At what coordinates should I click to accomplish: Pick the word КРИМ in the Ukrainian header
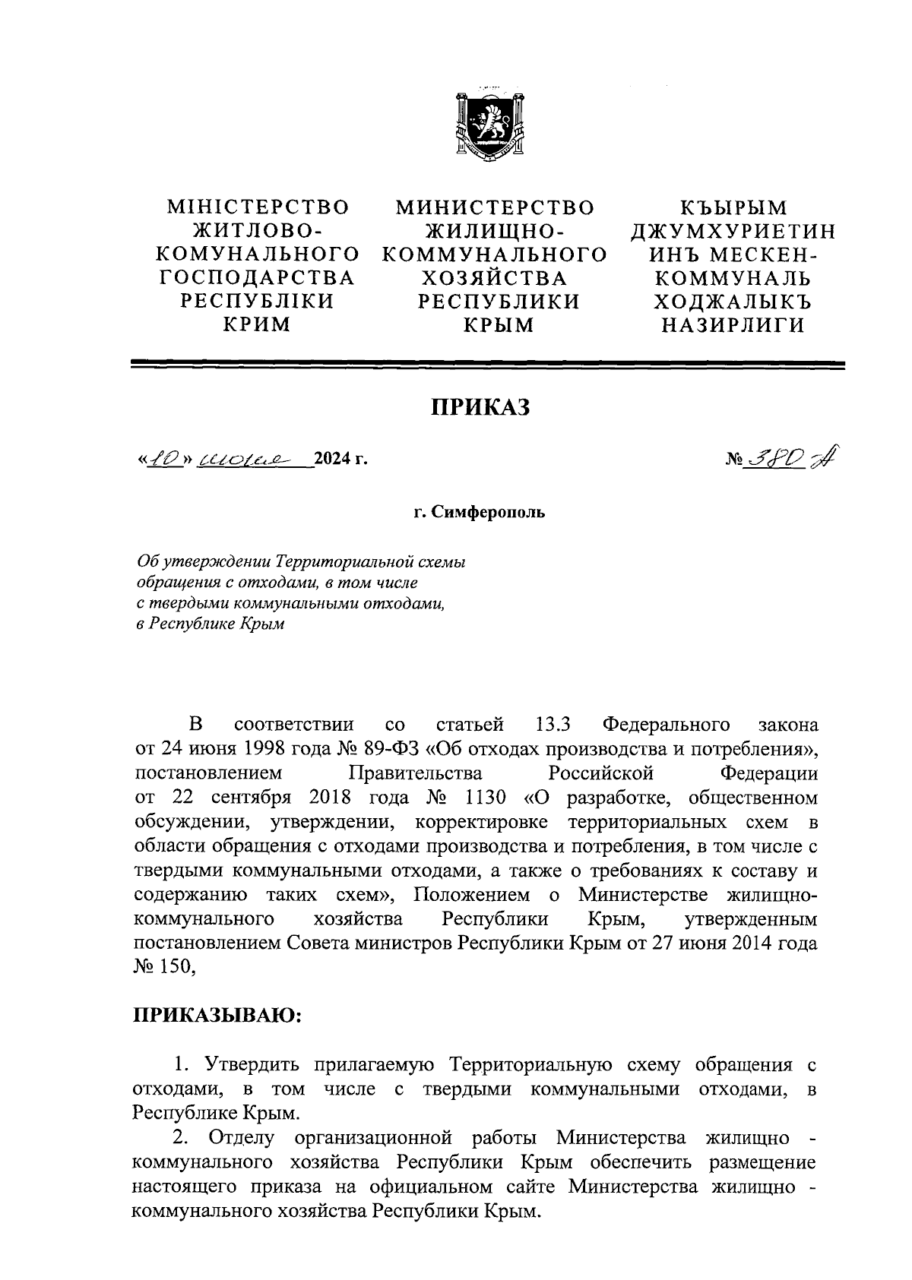[x=256, y=325]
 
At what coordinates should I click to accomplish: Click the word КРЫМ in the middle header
[x=499, y=325]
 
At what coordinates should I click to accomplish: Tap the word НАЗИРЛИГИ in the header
[x=733, y=325]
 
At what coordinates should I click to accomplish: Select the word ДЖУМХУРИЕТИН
[x=733, y=231]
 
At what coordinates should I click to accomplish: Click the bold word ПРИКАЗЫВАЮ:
[x=218, y=1015]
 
